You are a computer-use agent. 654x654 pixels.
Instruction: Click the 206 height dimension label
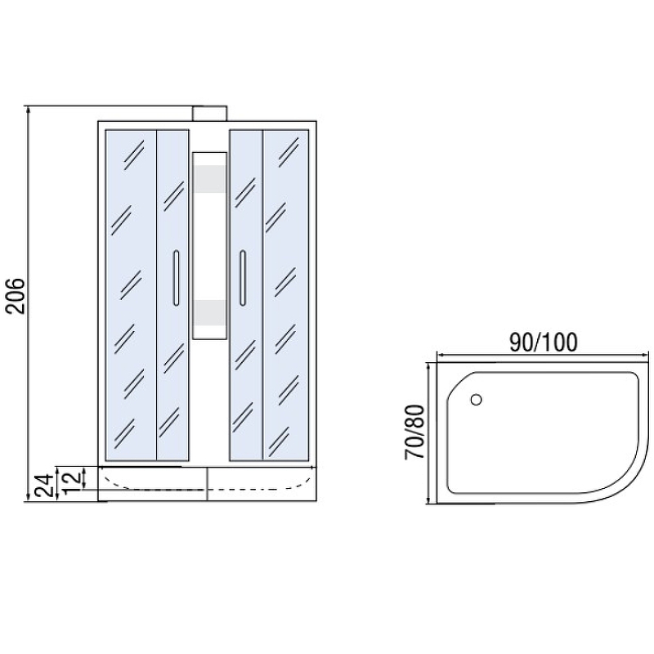tap(16, 296)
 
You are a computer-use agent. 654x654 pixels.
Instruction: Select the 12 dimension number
tap(71, 483)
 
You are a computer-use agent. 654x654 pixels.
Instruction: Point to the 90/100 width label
tap(543, 342)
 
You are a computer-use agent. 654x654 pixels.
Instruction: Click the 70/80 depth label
tap(414, 432)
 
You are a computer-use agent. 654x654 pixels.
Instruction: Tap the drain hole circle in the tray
tap(476, 400)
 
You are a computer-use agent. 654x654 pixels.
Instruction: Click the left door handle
tap(176, 278)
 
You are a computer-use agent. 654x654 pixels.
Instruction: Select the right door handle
tap(242, 278)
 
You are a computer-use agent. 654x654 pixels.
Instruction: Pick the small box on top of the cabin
tap(210, 114)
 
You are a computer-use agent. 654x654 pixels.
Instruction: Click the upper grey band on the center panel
tap(210, 179)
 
